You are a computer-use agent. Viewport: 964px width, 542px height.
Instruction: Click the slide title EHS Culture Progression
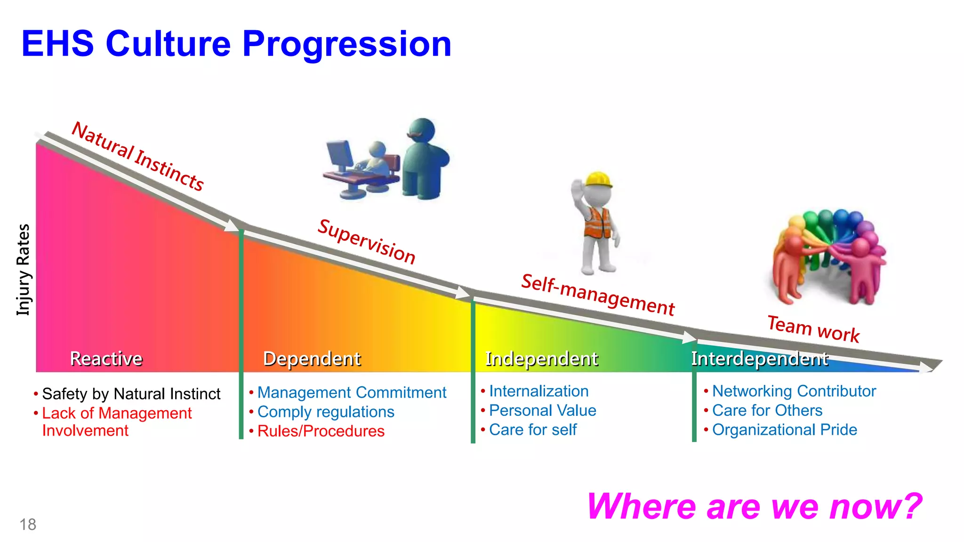[x=236, y=44]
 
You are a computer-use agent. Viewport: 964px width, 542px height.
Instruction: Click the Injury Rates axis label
[x=23, y=269]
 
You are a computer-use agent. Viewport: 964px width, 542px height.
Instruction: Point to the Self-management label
[x=598, y=295]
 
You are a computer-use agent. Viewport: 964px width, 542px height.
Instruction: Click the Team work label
[x=813, y=328]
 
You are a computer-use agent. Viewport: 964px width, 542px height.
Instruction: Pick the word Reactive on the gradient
[x=106, y=359]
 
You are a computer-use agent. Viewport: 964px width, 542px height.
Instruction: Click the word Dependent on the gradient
[x=312, y=359]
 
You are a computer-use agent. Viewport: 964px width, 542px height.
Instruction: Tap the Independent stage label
[x=541, y=359]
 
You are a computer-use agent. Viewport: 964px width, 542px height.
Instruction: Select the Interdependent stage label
[x=759, y=359]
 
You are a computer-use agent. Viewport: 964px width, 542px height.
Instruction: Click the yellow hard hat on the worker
[x=598, y=180]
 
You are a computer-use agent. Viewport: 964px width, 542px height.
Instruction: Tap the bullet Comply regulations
[x=326, y=412]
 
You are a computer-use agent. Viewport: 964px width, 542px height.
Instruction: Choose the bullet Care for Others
[x=767, y=410]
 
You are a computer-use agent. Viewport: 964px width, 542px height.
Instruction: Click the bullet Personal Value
[x=542, y=410]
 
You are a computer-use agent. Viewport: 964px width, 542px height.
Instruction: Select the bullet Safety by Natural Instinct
[x=131, y=394]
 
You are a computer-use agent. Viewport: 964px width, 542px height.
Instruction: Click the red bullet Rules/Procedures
[x=321, y=431]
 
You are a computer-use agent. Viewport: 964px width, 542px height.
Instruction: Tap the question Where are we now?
[x=754, y=507]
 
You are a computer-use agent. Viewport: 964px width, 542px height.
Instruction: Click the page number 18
[x=28, y=524]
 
